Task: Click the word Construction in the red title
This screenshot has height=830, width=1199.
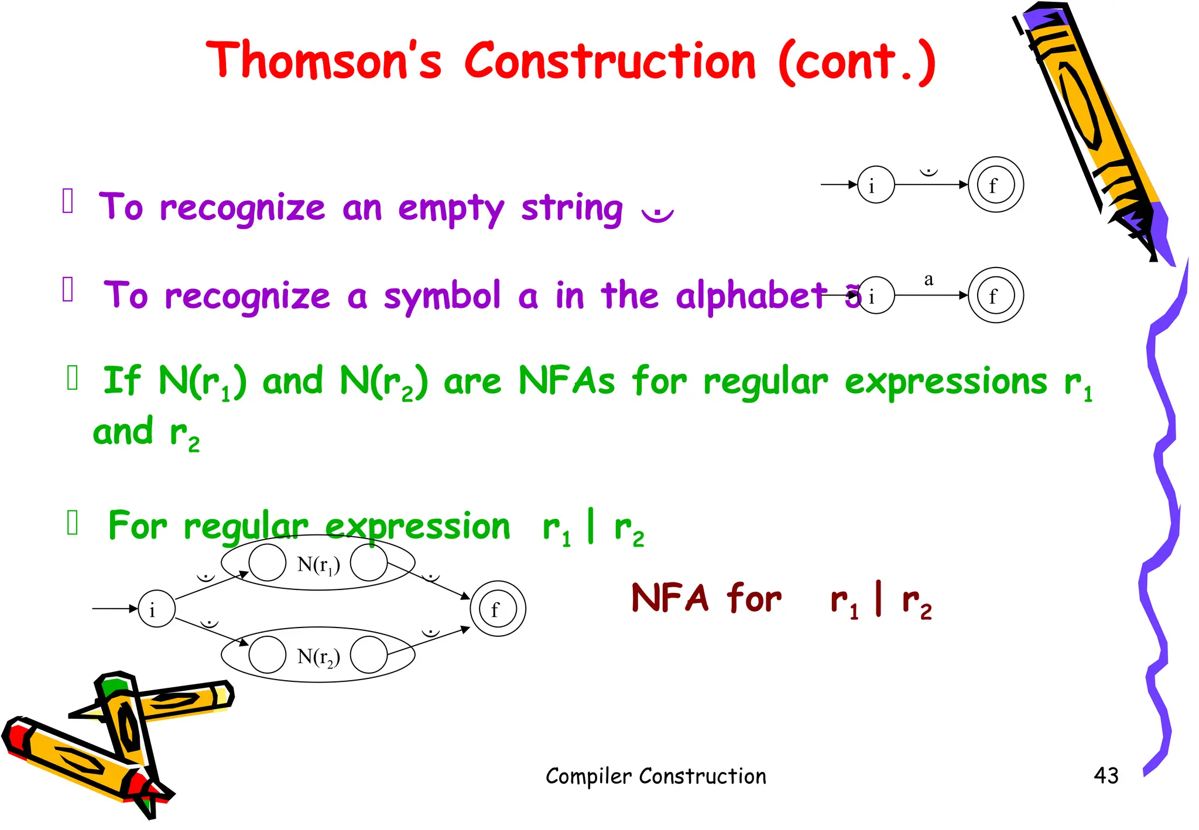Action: pos(610,61)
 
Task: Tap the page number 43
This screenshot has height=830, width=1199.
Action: pos(1105,776)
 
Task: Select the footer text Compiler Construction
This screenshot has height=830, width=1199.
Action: pos(655,776)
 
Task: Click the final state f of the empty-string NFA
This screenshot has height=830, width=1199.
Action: pos(995,185)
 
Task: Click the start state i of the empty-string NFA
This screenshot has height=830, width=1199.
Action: pos(875,185)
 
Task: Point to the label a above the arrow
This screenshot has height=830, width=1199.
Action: pos(929,279)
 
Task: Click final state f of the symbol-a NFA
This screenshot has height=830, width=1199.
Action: pos(995,296)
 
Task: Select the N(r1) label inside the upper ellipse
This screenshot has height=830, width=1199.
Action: pos(318,564)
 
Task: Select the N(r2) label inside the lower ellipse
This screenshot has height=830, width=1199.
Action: pos(318,656)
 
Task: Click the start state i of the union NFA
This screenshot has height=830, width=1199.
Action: pos(156,609)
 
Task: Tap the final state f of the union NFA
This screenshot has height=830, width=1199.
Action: pos(498,609)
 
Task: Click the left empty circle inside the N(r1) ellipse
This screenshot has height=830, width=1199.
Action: pos(267,563)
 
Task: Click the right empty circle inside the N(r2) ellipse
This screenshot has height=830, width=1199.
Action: pos(369,655)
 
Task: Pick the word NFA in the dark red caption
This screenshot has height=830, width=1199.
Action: pos(670,598)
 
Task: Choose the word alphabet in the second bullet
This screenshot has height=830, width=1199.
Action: pos(751,295)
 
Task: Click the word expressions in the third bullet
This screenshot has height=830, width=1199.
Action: pos(946,382)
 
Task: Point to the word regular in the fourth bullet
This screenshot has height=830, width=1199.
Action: pos(245,526)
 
